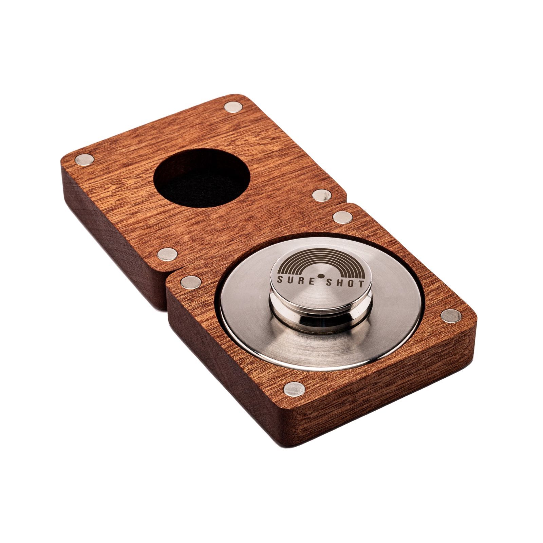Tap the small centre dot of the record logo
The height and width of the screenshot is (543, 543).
(320, 276)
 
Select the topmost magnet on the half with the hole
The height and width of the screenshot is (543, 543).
(233, 108)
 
